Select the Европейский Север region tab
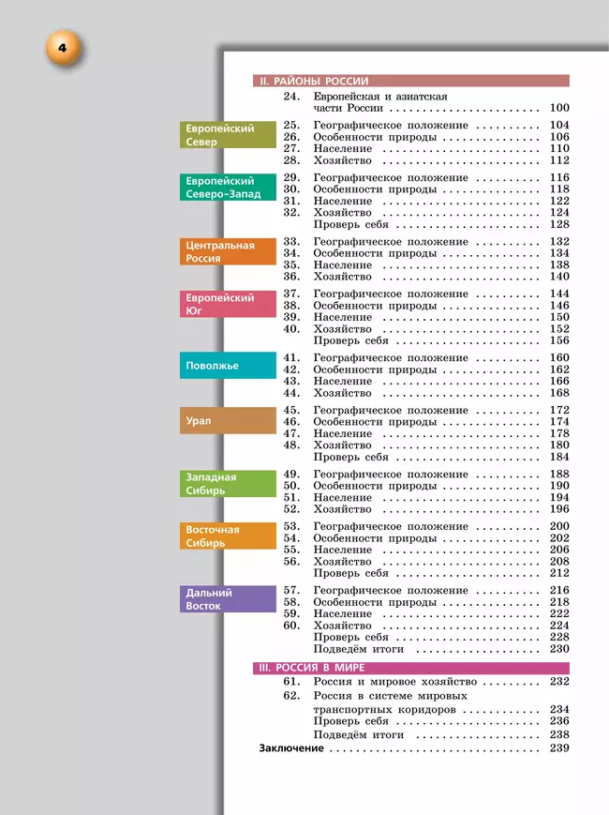click(229, 135)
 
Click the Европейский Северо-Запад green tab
click(229, 188)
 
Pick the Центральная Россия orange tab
click(229, 251)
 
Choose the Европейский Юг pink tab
click(229, 304)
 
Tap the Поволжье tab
click(229, 366)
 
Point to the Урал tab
click(229, 421)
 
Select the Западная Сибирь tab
click(229, 483)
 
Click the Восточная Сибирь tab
click(229, 536)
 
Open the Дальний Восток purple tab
click(229, 598)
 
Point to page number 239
click(559, 748)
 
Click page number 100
click(559, 109)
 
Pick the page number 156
click(559, 341)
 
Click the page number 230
click(559, 649)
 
